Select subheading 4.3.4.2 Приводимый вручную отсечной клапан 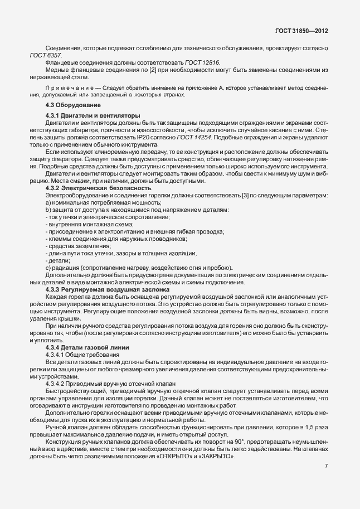pos(103,384)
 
